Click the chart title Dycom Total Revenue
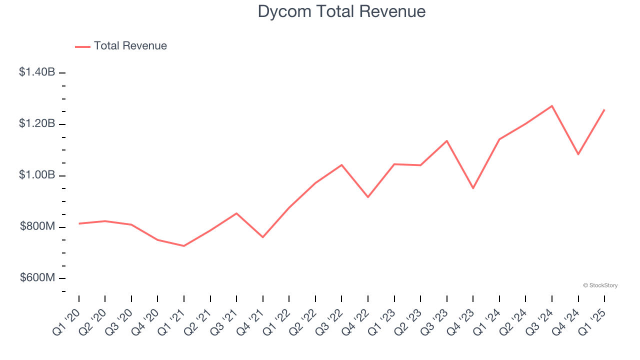(x=341, y=11)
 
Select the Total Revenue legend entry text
(x=130, y=46)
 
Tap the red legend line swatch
(x=82, y=46)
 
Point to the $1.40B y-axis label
(x=37, y=72)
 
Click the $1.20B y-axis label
(x=37, y=123)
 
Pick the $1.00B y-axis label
(x=37, y=175)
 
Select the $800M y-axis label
(x=37, y=226)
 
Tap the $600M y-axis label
(x=37, y=278)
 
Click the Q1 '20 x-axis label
(x=66, y=320)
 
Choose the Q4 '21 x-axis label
(x=250, y=320)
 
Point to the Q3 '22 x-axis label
(x=329, y=320)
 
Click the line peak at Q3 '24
(x=552, y=106)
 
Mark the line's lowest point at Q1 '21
(x=184, y=246)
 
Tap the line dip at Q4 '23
(x=473, y=188)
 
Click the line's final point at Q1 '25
(x=604, y=109)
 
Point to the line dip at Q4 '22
(x=368, y=197)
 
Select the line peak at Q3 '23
(x=446, y=141)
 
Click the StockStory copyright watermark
(x=600, y=285)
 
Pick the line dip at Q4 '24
(x=578, y=154)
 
